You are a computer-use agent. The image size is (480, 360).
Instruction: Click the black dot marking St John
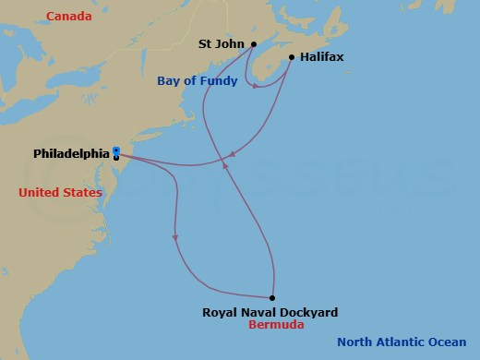[x=253, y=43]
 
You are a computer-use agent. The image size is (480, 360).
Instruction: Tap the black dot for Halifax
[x=292, y=57]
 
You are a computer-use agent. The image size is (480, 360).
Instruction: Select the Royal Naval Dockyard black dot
[x=272, y=298]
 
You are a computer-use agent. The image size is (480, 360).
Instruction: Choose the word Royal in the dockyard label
[x=218, y=312]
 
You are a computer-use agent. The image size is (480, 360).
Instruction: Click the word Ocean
[x=453, y=342]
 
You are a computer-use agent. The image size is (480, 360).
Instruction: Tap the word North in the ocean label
[x=355, y=342]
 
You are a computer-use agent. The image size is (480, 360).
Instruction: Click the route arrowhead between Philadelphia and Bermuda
[x=174, y=240]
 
